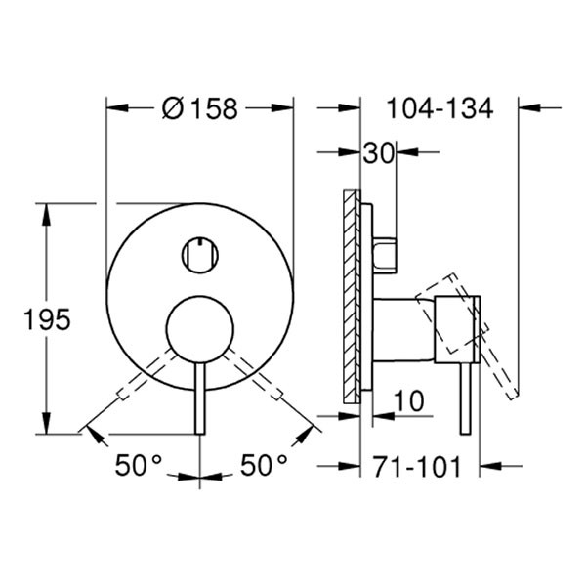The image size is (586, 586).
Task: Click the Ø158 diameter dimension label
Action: tap(199, 108)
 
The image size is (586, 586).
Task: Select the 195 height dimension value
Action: tap(49, 318)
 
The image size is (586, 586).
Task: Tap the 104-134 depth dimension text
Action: tap(439, 107)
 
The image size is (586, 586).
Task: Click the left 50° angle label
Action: tap(138, 466)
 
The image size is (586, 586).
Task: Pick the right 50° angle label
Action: tap(264, 466)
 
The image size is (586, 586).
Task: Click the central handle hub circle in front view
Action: tap(200, 327)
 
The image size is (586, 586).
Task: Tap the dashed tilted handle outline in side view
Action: tap(467, 342)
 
